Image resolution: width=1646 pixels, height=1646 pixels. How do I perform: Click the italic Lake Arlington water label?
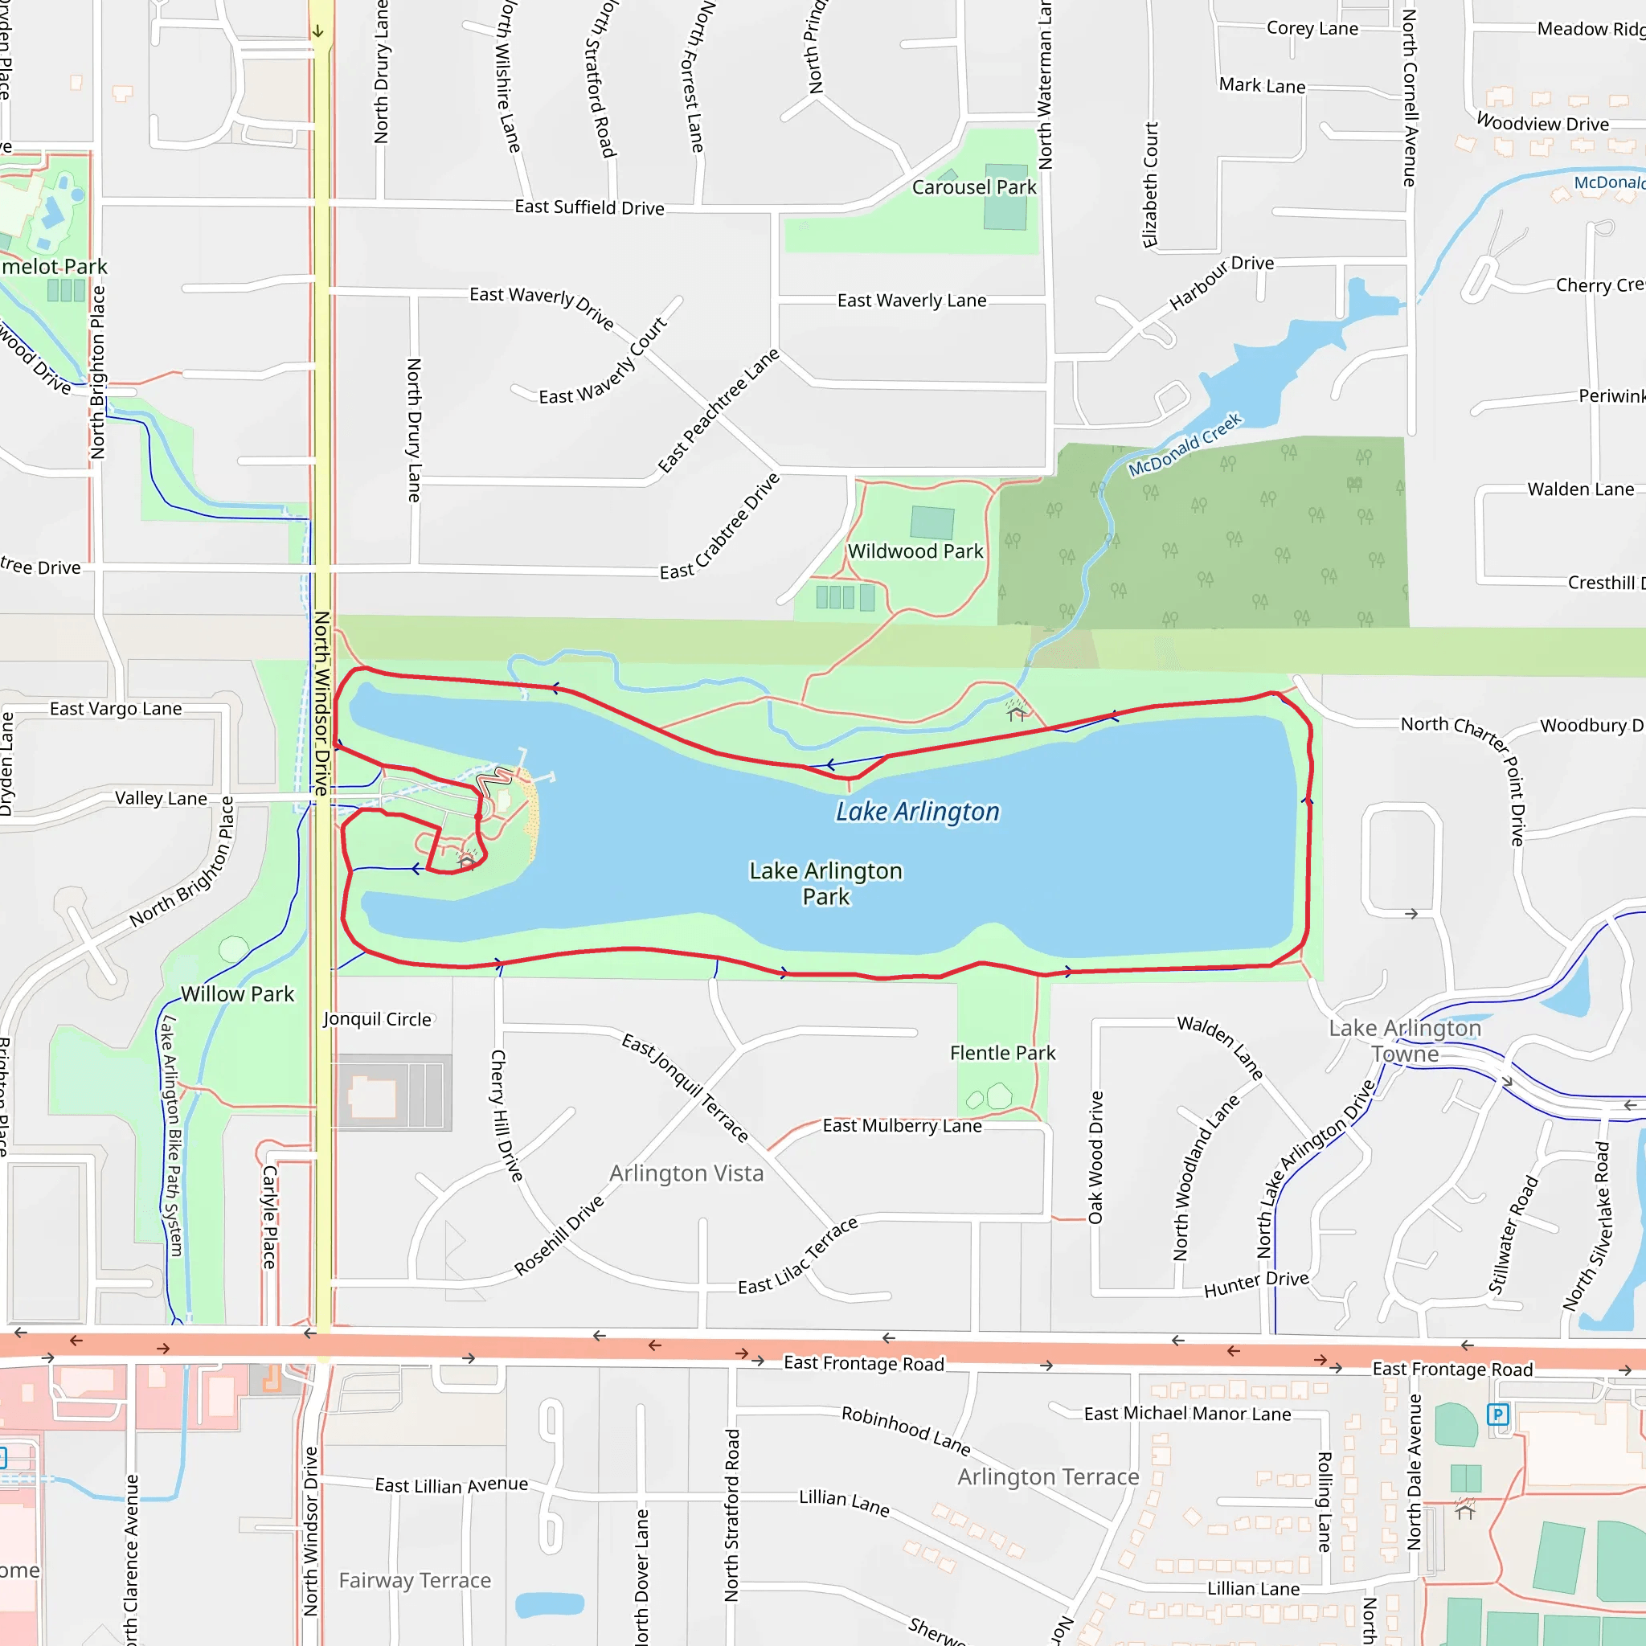917,812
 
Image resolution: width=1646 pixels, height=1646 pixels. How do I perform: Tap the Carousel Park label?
974,187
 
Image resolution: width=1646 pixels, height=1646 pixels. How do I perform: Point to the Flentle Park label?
1002,1053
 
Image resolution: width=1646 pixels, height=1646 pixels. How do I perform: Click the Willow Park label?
237,994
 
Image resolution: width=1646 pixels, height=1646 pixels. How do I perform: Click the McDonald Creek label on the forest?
1185,444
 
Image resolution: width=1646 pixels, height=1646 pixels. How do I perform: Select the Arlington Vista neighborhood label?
686,1173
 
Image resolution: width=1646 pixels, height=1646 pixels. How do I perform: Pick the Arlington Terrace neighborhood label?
1048,1476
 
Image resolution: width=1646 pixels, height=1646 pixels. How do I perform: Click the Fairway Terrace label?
415,1580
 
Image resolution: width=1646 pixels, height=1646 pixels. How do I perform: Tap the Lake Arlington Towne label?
1405,1041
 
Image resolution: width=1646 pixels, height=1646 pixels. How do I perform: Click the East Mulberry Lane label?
903,1125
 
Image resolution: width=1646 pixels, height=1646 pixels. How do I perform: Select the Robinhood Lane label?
906,1431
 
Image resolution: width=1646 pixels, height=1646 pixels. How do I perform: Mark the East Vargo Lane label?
116,709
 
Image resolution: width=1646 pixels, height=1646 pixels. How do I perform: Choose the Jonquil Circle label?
378,1019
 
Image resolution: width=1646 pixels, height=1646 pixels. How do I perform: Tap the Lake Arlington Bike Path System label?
172,1136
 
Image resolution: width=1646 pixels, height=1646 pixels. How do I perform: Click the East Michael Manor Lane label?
1187,1414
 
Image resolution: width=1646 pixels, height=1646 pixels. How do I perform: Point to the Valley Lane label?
161,798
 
